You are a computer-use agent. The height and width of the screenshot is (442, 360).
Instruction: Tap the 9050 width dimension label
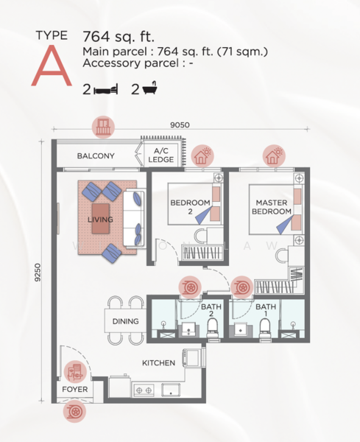(x=180, y=125)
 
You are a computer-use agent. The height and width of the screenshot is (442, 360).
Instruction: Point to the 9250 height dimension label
(x=38, y=273)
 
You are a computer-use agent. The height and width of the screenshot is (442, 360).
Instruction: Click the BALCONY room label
(x=96, y=156)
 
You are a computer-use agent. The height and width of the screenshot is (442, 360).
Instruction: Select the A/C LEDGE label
(x=160, y=155)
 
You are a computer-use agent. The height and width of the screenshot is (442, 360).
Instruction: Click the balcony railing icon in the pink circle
(x=103, y=127)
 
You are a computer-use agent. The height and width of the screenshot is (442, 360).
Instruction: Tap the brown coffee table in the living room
(x=101, y=219)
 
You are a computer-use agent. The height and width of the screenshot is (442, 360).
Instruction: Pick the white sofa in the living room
(x=133, y=219)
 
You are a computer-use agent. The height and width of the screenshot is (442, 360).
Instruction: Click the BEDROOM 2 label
(x=191, y=207)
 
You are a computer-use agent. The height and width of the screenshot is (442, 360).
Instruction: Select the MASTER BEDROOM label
(x=272, y=207)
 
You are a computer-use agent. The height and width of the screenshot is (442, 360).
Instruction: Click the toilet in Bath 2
(x=213, y=329)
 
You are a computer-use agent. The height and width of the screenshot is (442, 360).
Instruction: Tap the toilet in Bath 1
(x=265, y=329)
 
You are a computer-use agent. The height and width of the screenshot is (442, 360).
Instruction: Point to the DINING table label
(x=125, y=321)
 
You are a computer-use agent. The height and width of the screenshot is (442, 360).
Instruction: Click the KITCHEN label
(x=158, y=362)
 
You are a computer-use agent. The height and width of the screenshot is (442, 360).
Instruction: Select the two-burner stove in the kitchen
(x=144, y=390)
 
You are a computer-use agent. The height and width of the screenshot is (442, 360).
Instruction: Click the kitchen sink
(x=171, y=390)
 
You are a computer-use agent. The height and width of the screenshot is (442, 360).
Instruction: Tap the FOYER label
(x=75, y=389)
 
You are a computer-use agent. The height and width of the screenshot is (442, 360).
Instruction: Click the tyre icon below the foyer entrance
(x=74, y=412)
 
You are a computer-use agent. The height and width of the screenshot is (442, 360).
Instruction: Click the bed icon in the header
(x=106, y=89)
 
